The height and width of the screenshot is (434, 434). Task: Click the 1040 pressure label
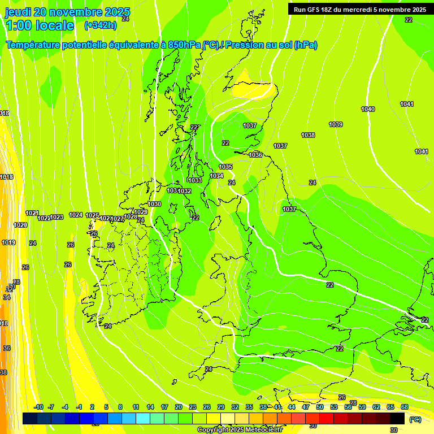368,109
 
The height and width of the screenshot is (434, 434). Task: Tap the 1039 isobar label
336,124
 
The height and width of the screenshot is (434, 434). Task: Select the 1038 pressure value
308,135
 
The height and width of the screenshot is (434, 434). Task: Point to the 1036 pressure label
255,155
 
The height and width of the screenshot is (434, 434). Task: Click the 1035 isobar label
225,167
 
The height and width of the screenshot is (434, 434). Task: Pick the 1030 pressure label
154,204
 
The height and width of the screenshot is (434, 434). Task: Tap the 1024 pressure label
76,215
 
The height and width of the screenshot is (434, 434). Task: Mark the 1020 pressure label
20,225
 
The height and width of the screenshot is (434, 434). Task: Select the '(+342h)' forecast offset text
101,25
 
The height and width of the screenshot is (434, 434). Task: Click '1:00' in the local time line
19,25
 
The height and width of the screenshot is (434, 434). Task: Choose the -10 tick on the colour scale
38,407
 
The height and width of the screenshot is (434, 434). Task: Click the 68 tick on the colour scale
405,407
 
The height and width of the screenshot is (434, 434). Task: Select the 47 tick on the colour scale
306,407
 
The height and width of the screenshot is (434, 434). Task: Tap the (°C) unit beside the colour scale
415,419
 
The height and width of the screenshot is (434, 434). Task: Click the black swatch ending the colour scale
397,419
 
